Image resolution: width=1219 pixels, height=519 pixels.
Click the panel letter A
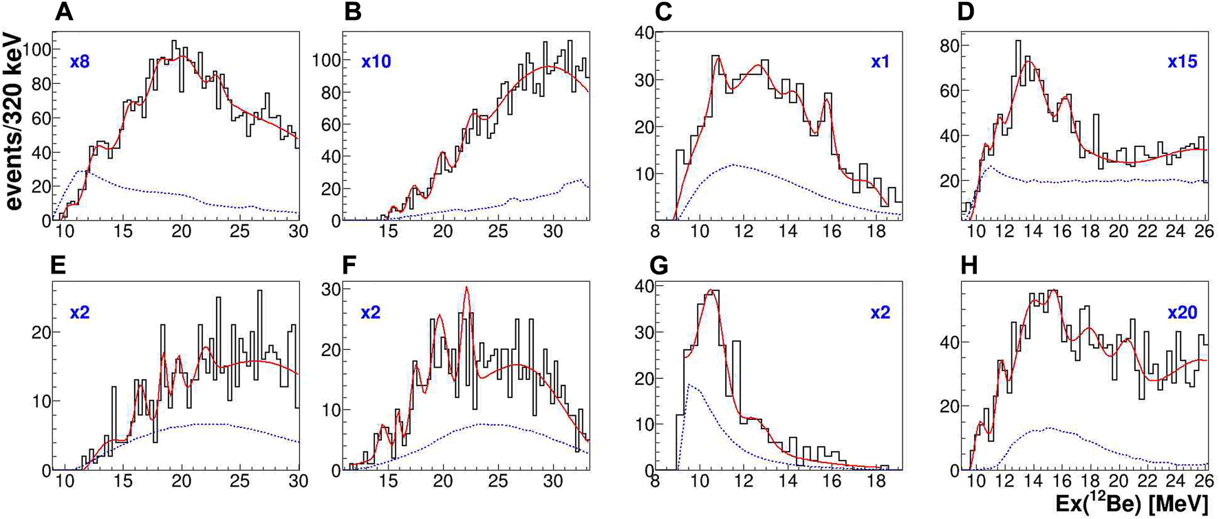(x=64, y=13)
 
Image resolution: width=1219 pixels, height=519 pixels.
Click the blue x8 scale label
(x=80, y=62)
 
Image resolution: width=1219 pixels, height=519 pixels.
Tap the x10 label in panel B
(x=376, y=62)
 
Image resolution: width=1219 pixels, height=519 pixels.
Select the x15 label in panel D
(x=1182, y=62)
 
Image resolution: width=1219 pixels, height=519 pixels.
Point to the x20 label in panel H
(x=1182, y=313)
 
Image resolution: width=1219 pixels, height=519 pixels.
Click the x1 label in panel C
(x=880, y=62)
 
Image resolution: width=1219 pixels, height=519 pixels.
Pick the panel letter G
(x=659, y=265)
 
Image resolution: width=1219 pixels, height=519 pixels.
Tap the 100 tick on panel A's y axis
(x=37, y=49)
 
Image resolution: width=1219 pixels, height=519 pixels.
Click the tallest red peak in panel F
(x=467, y=287)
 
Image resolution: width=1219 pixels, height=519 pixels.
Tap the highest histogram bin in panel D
(x=1018, y=41)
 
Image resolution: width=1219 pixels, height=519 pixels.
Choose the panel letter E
(x=58, y=265)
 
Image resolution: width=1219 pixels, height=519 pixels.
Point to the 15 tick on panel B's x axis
(x=389, y=232)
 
